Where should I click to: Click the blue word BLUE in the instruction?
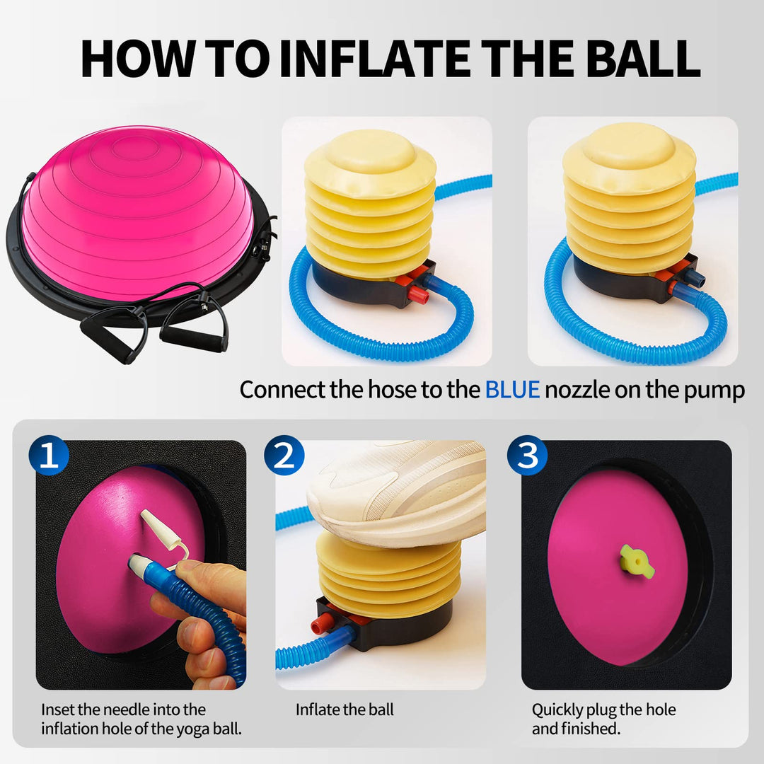512,390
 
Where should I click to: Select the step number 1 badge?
49,457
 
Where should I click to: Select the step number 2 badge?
284,457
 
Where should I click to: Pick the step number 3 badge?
527,457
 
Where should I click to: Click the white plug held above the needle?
157,527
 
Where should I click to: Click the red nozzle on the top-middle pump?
418,294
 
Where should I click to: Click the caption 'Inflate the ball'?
345,710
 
